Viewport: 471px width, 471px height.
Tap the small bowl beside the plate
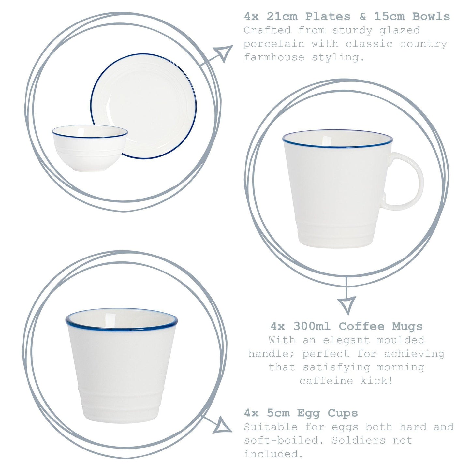90,148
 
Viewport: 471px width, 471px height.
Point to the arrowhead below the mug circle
346,304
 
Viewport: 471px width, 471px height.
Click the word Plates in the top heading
328,16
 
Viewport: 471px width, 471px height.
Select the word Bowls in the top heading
431,16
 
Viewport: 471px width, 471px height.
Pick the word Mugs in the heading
407,326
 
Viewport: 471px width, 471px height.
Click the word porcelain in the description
273,44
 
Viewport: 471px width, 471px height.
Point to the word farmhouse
274,58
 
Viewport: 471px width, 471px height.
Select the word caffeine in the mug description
326,381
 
